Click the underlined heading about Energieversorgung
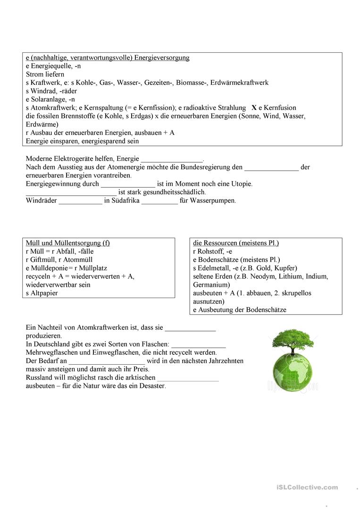click(108, 58)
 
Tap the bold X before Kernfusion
click(254, 108)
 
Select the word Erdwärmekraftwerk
click(239, 83)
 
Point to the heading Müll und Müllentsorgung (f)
click(68, 243)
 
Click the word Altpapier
click(44, 293)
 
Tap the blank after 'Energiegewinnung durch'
click(128, 184)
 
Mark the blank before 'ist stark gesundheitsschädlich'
click(71, 192)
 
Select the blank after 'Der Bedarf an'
click(106, 361)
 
